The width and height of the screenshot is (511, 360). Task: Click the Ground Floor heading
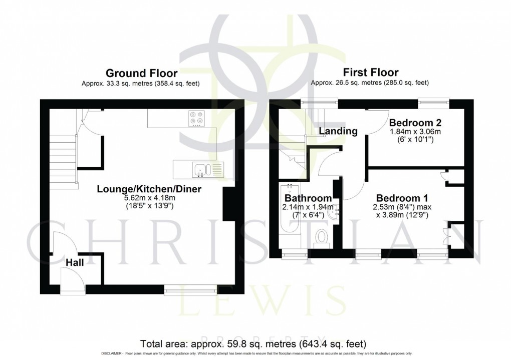141,73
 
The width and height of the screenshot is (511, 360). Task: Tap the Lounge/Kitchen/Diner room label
149,189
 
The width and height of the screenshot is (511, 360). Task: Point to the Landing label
338,131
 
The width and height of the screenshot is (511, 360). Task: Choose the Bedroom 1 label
399,197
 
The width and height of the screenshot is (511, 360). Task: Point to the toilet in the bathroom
320,237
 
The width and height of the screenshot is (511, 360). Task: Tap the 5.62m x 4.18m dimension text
149,198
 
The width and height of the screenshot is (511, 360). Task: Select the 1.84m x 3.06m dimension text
412,132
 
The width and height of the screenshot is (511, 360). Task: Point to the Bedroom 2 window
434,102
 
